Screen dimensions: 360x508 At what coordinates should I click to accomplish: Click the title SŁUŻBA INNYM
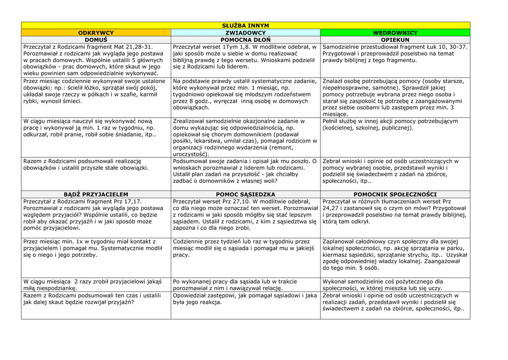click(x=245, y=25)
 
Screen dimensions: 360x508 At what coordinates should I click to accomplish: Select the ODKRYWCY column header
click(x=96, y=33)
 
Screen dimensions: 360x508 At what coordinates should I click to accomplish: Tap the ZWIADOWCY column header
click(x=245, y=33)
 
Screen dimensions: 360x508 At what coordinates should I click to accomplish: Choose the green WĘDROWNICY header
click(x=395, y=33)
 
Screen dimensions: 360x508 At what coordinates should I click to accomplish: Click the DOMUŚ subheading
click(x=96, y=40)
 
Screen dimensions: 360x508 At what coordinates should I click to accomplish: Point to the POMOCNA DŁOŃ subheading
click(x=245, y=40)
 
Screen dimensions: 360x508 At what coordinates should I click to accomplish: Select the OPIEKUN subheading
click(x=395, y=40)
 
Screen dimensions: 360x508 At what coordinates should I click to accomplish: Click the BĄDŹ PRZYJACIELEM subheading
click(x=96, y=194)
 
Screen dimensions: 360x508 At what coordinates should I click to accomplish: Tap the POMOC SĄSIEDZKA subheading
click(x=245, y=194)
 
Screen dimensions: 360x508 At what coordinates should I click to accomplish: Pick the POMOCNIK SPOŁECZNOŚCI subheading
click(x=395, y=194)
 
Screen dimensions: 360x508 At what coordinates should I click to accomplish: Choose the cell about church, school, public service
click(x=395, y=125)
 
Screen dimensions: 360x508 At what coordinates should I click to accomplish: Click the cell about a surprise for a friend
click(x=96, y=285)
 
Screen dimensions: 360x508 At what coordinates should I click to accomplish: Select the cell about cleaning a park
click(x=395, y=254)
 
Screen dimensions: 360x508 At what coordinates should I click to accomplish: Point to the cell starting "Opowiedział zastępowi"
click(x=245, y=298)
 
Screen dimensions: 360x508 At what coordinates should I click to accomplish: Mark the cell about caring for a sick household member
click(x=245, y=137)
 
